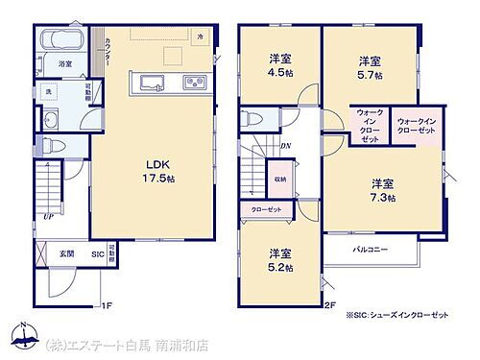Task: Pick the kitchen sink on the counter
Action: (155, 81)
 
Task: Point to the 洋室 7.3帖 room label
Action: (383, 189)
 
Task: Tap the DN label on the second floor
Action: (286, 145)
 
